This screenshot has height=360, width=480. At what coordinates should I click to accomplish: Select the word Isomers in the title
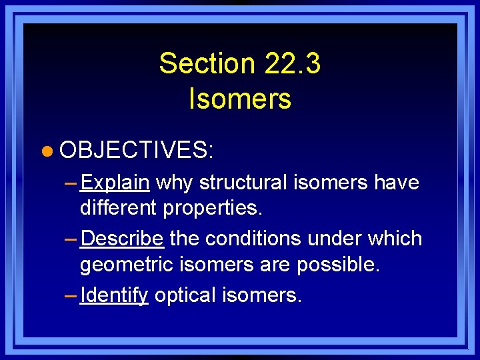240,99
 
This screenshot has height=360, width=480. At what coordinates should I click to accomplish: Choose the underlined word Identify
113,295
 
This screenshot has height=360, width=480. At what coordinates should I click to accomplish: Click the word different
119,209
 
